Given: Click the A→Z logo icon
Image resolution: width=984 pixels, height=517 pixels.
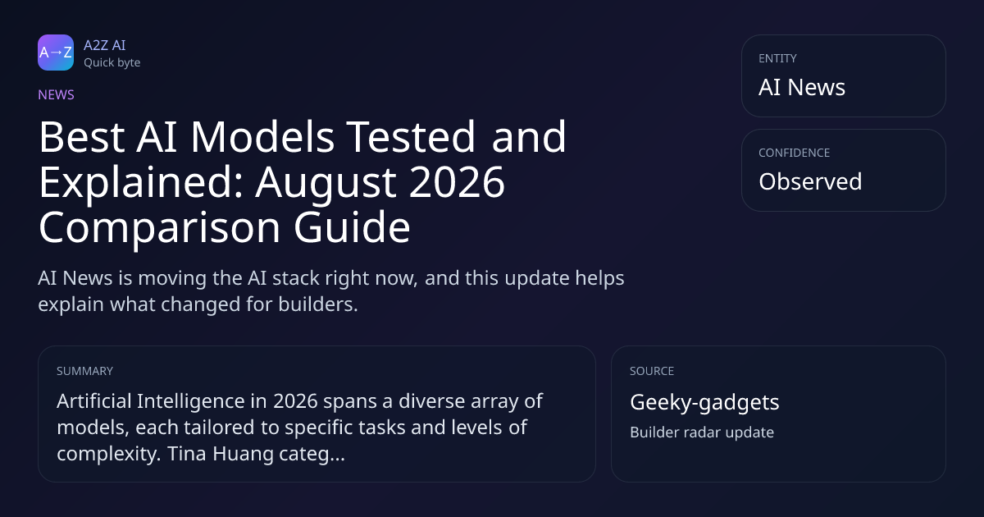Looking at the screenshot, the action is [56, 53].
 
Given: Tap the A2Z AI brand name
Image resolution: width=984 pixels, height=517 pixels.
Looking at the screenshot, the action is [105, 45].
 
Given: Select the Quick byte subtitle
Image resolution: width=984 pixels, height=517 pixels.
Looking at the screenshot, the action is [112, 63].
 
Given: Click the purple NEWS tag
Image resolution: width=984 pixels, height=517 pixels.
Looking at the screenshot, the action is [57, 94].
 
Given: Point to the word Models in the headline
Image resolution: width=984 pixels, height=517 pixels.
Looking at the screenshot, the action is [262, 137].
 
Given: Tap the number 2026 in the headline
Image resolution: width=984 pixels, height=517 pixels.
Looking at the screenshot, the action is [457, 181].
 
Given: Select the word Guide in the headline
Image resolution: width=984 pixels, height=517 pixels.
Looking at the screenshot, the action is [352, 226].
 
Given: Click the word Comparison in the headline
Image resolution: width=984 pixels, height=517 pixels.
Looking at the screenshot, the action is [159, 229].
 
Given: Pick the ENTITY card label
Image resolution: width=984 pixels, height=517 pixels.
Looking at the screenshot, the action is [777, 58].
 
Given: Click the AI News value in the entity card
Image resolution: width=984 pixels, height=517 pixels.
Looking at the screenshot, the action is [802, 87].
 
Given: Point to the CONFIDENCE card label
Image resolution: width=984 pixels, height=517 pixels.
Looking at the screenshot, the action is [795, 153].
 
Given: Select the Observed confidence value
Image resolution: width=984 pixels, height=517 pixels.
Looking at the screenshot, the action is [810, 181].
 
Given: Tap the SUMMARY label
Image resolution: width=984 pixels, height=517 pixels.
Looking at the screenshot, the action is [84, 371].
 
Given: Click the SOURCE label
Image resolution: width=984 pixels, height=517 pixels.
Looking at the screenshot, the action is [652, 371].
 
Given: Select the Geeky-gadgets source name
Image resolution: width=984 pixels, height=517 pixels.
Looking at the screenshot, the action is [704, 403].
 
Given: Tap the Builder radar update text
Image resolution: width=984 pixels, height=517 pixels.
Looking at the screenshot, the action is [702, 432].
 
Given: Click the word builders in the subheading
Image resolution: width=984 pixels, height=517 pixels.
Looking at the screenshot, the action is [318, 304].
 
